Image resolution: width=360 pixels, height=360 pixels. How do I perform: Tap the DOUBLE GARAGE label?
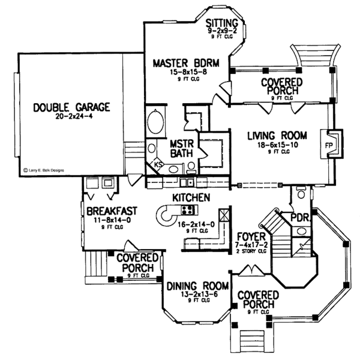[71, 107]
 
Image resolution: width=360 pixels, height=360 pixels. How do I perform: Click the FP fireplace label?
[329, 145]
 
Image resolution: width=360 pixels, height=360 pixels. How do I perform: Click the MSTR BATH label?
[180, 149]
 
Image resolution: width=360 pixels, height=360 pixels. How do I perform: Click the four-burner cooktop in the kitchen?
[187, 210]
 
